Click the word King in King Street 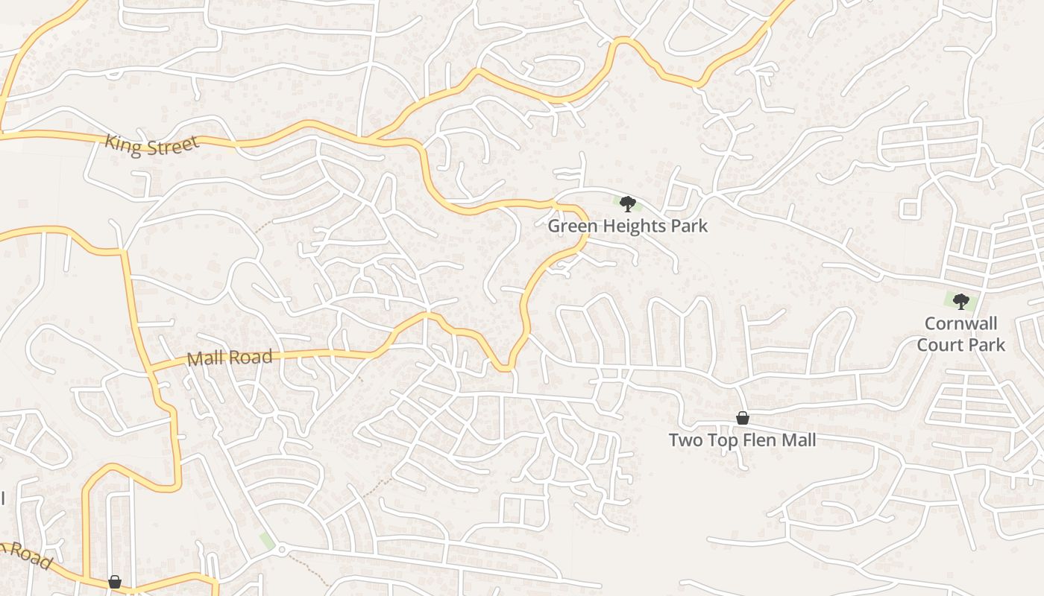click(124, 142)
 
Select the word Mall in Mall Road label click(205, 358)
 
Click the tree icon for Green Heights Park click(627, 203)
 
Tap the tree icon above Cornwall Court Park click(961, 301)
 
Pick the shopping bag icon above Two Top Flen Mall click(742, 418)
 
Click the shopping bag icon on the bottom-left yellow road click(115, 582)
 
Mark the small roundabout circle click(281, 550)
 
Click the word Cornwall click(961, 324)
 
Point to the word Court click(939, 345)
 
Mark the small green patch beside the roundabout click(266, 540)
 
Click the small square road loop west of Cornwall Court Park click(908, 208)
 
